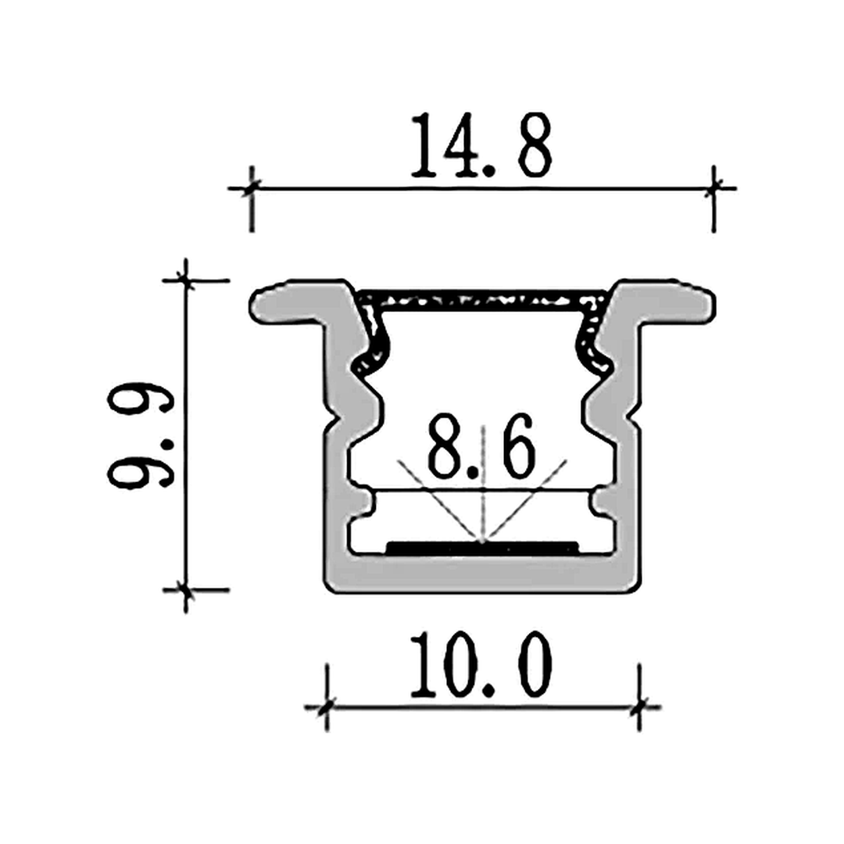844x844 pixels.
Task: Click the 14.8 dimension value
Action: [481, 145]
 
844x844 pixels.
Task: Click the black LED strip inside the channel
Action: [482, 545]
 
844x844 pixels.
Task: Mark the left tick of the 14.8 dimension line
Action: [251, 188]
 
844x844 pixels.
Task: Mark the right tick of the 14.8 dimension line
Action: [713, 188]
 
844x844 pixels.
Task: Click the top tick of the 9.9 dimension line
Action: [185, 279]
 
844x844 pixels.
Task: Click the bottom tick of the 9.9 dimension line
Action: [185, 589]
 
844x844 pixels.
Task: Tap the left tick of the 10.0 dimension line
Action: [327, 707]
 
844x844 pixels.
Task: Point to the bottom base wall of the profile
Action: [482, 574]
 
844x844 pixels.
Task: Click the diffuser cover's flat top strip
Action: [482, 298]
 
